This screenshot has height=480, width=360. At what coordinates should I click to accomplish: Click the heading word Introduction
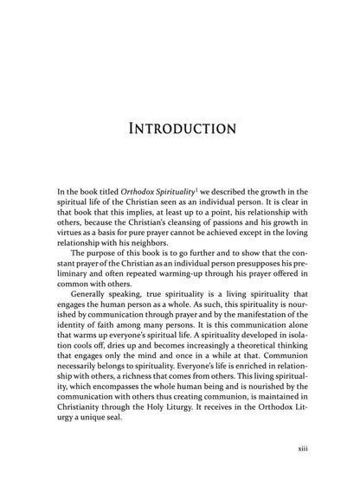coord(181,130)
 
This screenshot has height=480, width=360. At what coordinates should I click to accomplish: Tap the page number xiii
coord(318,449)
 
